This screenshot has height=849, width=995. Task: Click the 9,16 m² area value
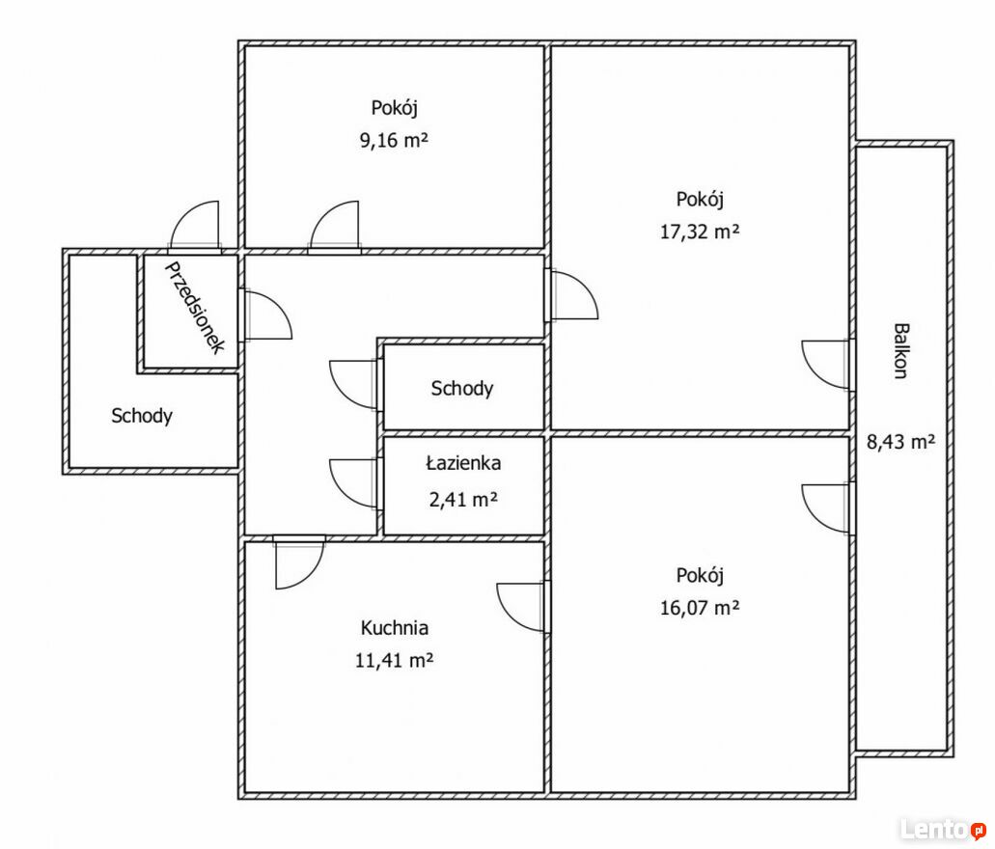pyautogui.click(x=394, y=141)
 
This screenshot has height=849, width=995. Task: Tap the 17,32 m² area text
pyautogui.click(x=700, y=232)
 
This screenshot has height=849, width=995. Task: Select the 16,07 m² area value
pyautogui.click(x=700, y=608)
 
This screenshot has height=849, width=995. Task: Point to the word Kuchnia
pyautogui.click(x=394, y=628)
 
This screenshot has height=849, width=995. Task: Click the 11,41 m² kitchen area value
pyautogui.click(x=394, y=661)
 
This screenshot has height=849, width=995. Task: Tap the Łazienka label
pyautogui.click(x=463, y=463)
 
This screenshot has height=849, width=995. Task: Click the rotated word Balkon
pyautogui.click(x=899, y=351)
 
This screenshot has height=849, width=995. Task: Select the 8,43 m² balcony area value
pyautogui.click(x=899, y=444)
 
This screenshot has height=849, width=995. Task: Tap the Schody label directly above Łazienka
pyautogui.click(x=462, y=389)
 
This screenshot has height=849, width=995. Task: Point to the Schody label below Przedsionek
pyautogui.click(x=142, y=416)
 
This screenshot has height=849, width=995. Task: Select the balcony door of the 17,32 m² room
pyautogui.click(x=827, y=365)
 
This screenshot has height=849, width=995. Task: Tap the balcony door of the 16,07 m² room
pyautogui.click(x=827, y=507)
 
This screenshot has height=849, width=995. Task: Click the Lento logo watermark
pyautogui.click(x=942, y=828)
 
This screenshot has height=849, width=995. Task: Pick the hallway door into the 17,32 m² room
pyautogui.click(x=573, y=296)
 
